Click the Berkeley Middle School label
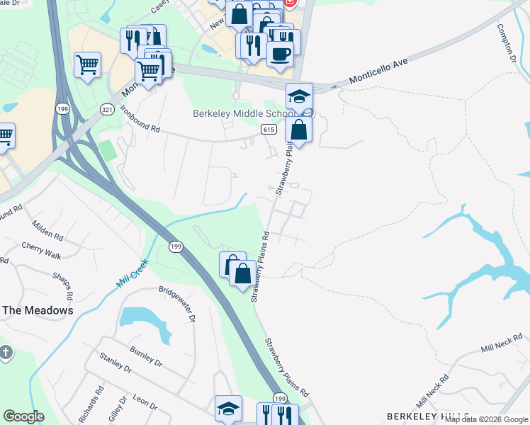click(244, 114)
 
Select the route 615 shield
click(268, 129)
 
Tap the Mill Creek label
click(132, 273)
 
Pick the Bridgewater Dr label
click(176, 304)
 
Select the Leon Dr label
click(145, 400)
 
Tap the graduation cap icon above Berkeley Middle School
click(299, 96)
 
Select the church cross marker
click(5, 353)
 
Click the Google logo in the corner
click(23, 416)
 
